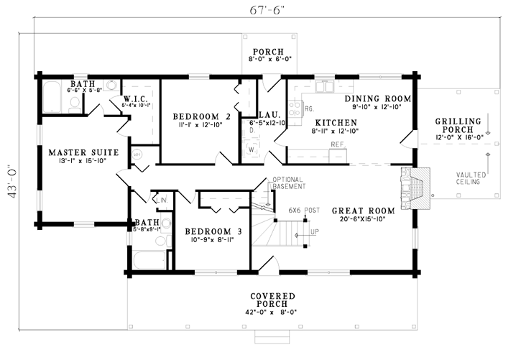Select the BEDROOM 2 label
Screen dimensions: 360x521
tap(202, 116)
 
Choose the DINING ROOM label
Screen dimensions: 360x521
tap(377, 98)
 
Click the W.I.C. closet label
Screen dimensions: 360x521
tap(137, 98)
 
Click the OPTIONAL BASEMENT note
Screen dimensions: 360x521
tap(290, 183)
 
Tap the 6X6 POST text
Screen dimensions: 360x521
tap(304, 210)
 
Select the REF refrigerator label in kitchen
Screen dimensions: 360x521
tap(336, 144)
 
